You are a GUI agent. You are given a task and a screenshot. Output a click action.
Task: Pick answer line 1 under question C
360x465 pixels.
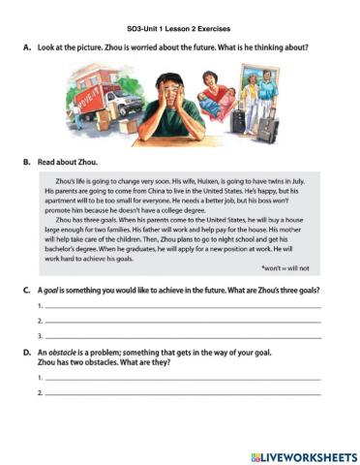pyautogui.click(x=184, y=308)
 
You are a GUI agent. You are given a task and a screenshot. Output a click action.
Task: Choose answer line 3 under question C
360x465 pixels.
pyautogui.click(x=184, y=336)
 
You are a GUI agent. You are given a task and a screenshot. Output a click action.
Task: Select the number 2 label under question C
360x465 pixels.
pyautogui.click(x=39, y=321)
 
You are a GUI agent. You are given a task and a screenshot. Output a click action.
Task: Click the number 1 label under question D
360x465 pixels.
pyautogui.click(x=39, y=378)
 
